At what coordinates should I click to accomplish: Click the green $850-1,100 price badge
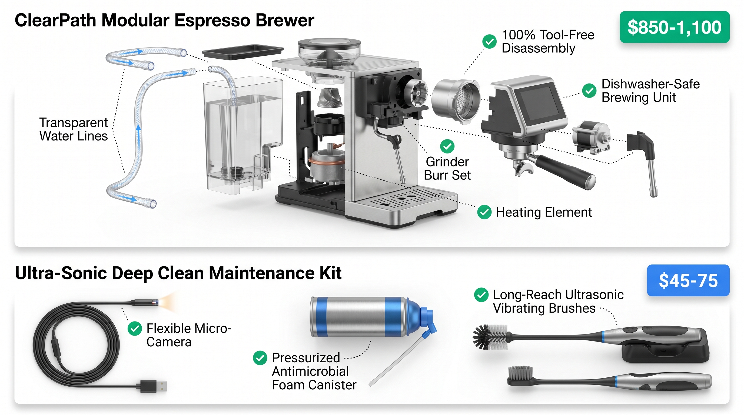(x=675, y=27)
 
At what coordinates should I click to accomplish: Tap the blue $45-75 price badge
(x=688, y=280)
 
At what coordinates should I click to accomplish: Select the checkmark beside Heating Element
(x=484, y=212)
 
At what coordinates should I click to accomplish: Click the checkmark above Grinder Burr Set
(x=447, y=146)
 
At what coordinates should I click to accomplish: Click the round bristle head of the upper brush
(x=490, y=337)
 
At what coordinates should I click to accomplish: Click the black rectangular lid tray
(x=243, y=52)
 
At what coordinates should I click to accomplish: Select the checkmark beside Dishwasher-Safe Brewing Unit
(x=589, y=91)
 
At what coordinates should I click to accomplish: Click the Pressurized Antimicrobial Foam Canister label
(x=314, y=371)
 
